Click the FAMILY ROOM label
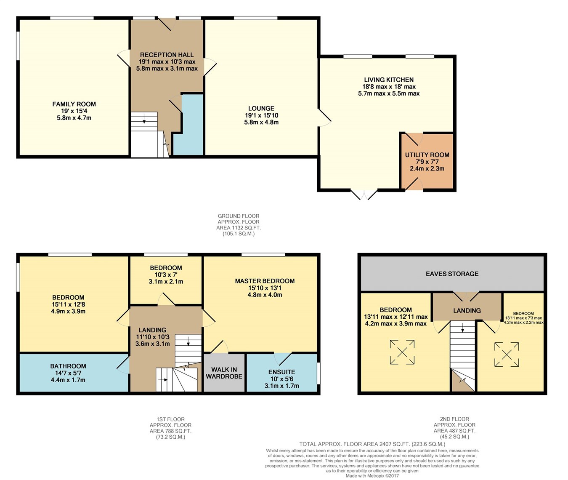tap(74, 104)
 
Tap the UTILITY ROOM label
tap(427, 155)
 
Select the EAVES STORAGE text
tap(452, 274)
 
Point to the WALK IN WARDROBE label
tap(224, 373)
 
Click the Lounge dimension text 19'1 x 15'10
tap(261, 115)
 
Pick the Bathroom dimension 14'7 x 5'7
tap(68, 373)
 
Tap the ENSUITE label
tap(281, 372)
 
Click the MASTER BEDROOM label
tap(265, 281)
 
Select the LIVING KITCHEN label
tap(389, 80)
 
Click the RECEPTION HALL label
tap(167, 55)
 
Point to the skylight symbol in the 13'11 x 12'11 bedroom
tap(402, 352)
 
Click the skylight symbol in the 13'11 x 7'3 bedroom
tap(507, 355)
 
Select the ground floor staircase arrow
tap(144, 119)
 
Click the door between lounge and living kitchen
tap(324, 117)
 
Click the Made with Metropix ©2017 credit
tap(372, 476)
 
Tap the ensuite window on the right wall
tap(319, 373)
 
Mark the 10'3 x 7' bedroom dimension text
tap(166, 275)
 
